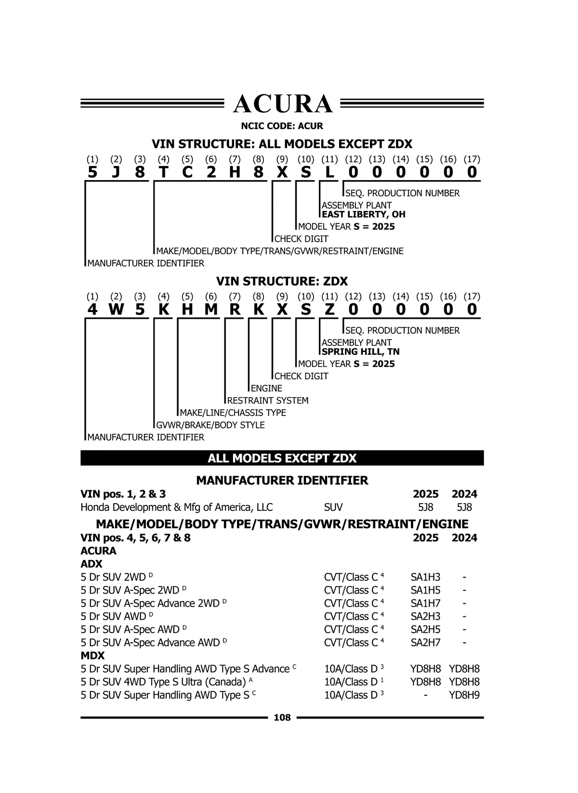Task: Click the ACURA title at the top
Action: click(283, 104)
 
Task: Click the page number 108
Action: click(282, 717)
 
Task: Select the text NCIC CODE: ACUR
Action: click(282, 126)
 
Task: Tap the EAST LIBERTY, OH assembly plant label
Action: click(364, 214)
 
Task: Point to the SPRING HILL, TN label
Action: click(361, 351)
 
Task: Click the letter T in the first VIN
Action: click(163, 172)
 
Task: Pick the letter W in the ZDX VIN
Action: click(116, 310)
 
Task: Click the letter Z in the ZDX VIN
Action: click(329, 310)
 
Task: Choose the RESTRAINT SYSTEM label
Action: click(268, 401)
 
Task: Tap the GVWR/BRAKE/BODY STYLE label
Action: click(210, 425)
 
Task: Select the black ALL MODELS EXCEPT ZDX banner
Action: click(282, 458)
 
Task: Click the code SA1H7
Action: click(425, 603)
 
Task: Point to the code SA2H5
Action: click(425, 629)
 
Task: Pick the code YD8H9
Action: click(464, 695)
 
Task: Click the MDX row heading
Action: click(92, 655)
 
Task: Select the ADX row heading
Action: click(92, 564)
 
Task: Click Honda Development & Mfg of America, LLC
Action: click(176, 507)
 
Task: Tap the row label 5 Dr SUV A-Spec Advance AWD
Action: click(150, 642)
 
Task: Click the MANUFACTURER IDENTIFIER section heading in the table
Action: click(282, 481)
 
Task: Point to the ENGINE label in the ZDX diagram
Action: click(266, 389)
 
